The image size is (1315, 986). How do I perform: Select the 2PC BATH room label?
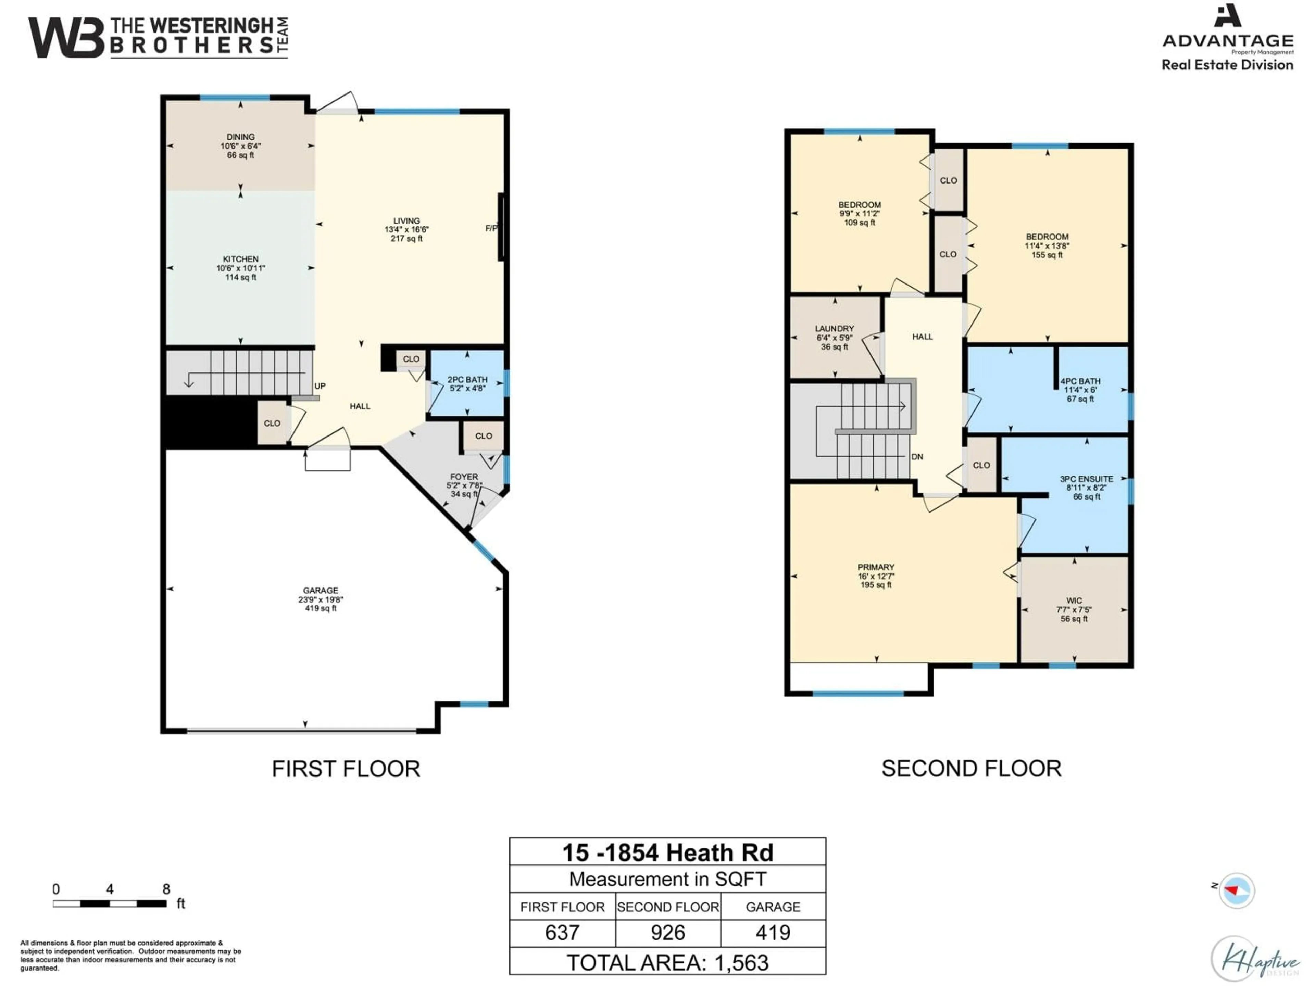pyautogui.click(x=467, y=384)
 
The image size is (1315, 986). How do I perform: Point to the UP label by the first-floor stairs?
pyautogui.click(x=320, y=386)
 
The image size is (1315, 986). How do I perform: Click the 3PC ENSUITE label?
pyautogui.click(x=1086, y=488)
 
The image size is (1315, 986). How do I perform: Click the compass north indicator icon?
pyautogui.click(x=1237, y=890)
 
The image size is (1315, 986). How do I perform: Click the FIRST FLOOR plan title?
pyautogui.click(x=346, y=769)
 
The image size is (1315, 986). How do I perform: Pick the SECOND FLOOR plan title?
pyautogui.click(x=971, y=769)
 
